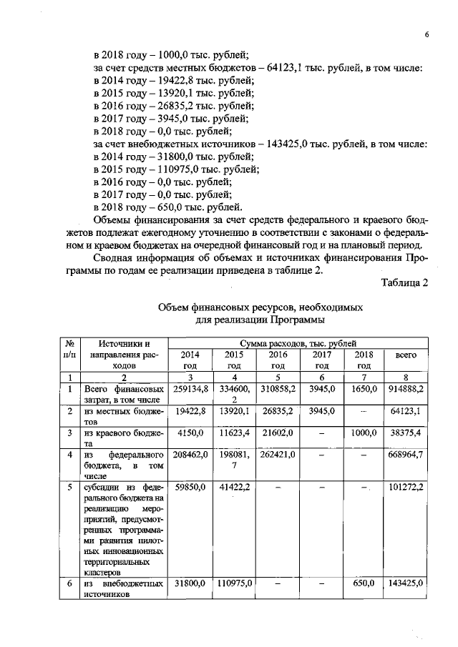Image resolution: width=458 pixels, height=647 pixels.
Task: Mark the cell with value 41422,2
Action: point(234,488)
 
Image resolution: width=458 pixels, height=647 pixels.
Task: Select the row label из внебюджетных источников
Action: point(123,589)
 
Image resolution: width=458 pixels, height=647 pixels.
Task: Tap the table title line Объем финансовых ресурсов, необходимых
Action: point(260,307)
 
